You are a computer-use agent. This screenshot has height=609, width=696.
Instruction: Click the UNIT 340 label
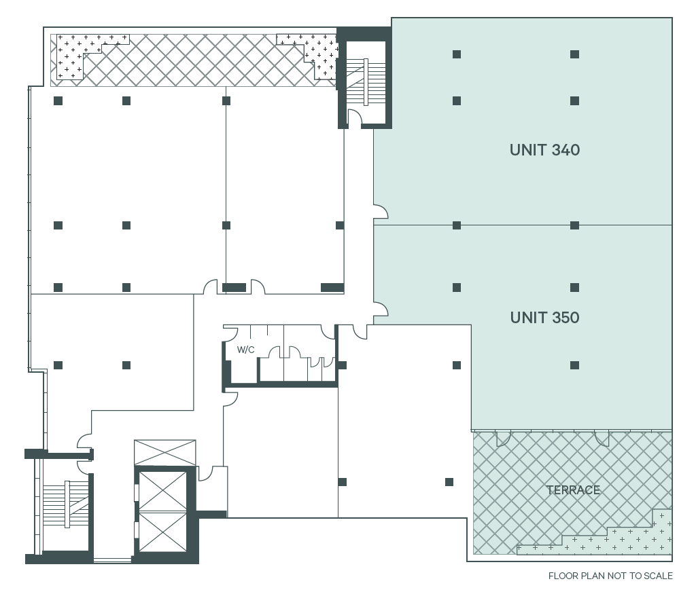544,150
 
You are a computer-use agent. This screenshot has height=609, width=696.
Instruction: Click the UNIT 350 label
544,318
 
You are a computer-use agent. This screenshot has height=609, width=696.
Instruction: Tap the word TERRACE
573,490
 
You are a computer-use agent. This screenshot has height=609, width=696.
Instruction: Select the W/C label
245,350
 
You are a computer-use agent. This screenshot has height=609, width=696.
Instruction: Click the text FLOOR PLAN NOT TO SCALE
610,576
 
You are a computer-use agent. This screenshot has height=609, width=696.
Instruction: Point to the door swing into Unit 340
381,212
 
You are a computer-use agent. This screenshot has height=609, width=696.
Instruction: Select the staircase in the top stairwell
366,82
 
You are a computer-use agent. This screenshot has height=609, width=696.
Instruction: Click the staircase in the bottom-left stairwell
66,504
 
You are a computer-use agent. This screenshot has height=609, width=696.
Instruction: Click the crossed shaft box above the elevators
165,452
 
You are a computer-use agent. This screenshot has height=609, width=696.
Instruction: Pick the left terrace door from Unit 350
503,439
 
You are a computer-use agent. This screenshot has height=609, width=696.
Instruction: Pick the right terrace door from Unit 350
602,439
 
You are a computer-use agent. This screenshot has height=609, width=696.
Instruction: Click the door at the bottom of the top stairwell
353,120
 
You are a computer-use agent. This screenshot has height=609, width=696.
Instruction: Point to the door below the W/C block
230,398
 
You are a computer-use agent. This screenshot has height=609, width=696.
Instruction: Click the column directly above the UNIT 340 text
574,101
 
